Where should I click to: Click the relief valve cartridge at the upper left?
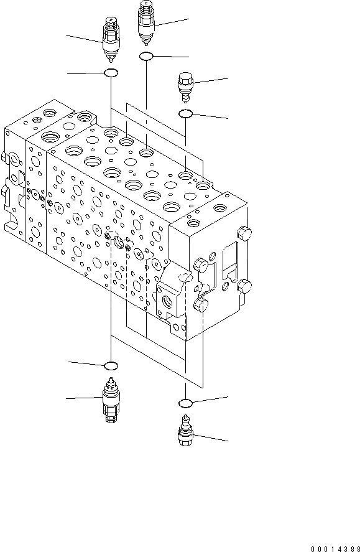click(111, 39)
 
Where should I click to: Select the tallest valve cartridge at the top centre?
click(146, 23)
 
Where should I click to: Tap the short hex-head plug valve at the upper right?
click(186, 87)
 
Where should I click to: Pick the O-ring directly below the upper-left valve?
click(111, 73)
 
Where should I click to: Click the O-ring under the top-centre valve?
click(146, 56)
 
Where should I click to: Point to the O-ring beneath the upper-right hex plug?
click(185, 114)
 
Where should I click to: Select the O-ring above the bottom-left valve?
click(111, 366)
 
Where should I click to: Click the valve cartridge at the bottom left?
click(111, 400)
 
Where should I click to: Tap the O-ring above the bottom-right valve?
click(185, 403)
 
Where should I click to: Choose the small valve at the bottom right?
click(186, 431)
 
